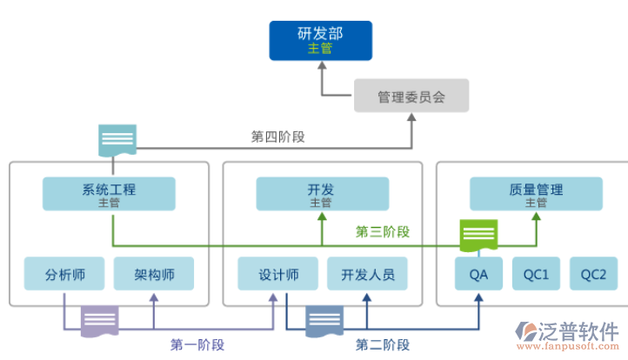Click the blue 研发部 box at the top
[320, 41]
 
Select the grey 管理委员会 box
[411, 96]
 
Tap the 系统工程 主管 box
[109, 194]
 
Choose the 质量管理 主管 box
[535, 194]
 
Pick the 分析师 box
[65, 274]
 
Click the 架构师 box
[154, 274]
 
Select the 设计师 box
[278, 274]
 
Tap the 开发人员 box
[367, 274]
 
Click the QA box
[478, 274]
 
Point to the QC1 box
[536, 274]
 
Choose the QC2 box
[593, 274]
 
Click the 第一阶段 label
[197, 344]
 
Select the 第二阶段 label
[383, 344]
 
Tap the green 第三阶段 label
[383, 232]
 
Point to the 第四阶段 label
[277, 137]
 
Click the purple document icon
[101, 321]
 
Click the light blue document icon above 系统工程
[117, 140]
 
